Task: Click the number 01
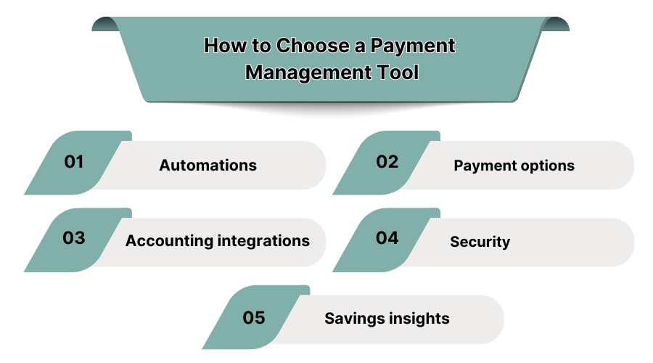(x=74, y=162)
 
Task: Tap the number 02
(x=387, y=162)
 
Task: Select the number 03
(x=74, y=238)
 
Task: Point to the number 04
(x=387, y=238)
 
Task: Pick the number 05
(x=254, y=317)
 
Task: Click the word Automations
(x=208, y=166)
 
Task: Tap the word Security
(x=480, y=242)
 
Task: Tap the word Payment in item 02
(x=481, y=166)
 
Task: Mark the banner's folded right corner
(x=556, y=24)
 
